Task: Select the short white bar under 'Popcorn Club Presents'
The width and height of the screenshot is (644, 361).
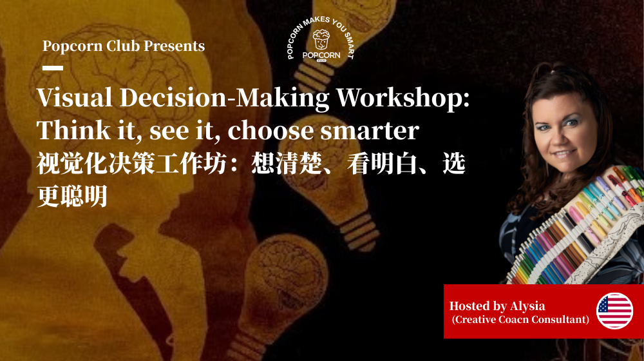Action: [53, 68]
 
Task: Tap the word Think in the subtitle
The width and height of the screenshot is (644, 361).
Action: [67, 131]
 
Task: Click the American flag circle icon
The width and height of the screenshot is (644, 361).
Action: [614, 311]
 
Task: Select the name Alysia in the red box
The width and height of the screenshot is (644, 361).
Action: [527, 306]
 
